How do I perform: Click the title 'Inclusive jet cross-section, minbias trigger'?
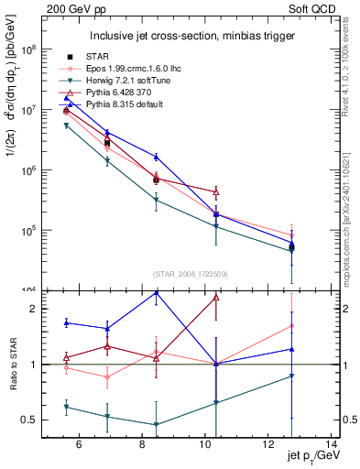192,37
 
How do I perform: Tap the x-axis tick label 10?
215,446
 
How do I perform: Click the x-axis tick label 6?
79,446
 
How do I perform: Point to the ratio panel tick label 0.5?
32,420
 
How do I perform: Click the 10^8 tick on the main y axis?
28,50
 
